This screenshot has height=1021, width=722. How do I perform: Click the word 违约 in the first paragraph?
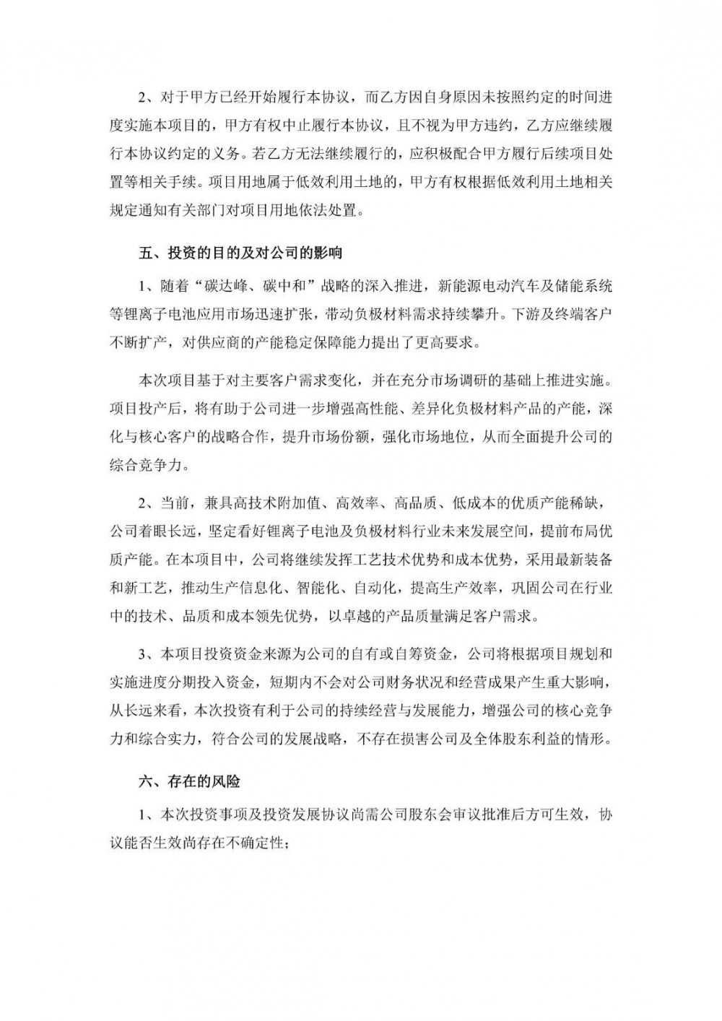click(490, 125)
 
